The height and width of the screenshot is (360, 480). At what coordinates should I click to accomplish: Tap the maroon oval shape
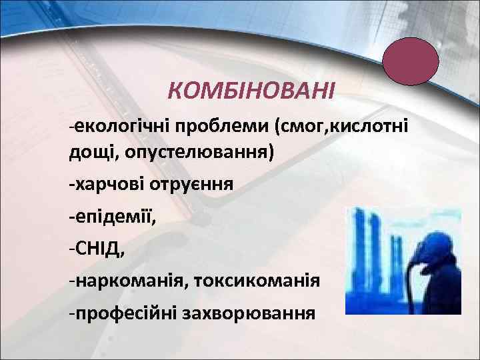(410, 61)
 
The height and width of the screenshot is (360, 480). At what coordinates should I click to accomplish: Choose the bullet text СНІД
(100, 248)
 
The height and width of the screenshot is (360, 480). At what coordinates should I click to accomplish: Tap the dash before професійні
(72, 313)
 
